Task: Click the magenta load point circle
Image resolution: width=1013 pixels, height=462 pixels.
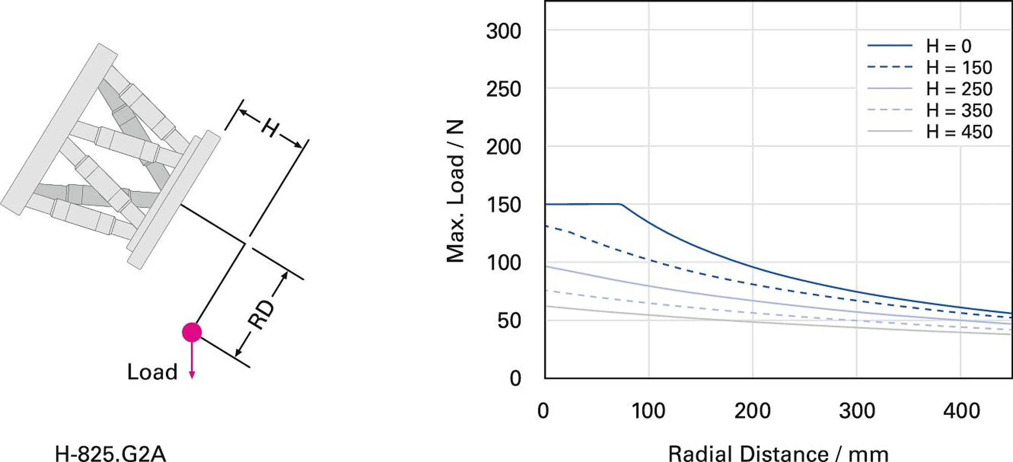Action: coord(192,332)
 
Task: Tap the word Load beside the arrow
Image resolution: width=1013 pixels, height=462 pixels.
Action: coord(152,372)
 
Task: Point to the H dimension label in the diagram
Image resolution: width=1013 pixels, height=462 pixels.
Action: coord(270,128)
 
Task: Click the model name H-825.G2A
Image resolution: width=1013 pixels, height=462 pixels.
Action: coord(110,453)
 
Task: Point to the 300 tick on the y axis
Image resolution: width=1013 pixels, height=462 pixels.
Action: coord(503,31)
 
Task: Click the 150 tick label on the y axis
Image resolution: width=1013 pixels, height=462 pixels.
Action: coord(503,205)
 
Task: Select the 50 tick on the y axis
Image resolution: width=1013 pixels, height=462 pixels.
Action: coord(509,321)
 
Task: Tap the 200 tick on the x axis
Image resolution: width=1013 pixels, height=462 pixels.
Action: coord(753,411)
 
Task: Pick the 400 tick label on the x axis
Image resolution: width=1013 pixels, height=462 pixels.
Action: coord(961,411)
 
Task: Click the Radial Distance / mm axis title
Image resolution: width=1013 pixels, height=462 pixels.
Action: coord(778,453)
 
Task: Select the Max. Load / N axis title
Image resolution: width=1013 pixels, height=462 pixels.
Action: coord(455,191)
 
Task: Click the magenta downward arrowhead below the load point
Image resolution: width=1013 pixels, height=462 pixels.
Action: coord(192,375)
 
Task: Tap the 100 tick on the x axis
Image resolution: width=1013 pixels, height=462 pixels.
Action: coord(648,411)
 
